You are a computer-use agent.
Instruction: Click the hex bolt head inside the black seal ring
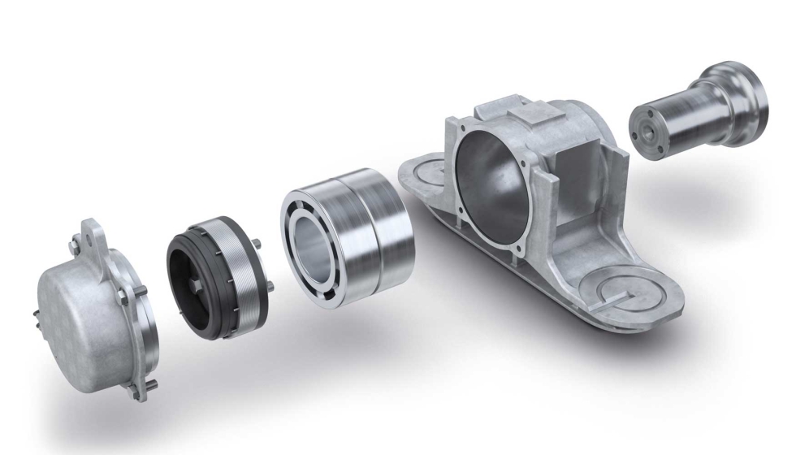coord(201,287)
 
